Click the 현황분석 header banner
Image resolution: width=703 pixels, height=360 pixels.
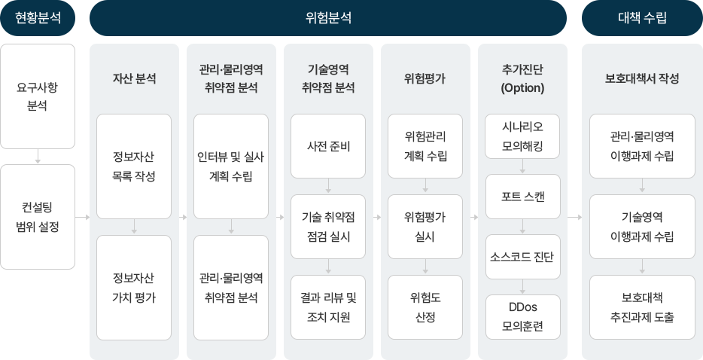pos(38,18)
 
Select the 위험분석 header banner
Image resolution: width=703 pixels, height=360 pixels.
pos(327,18)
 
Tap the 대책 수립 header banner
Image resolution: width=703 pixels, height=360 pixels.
pos(641,18)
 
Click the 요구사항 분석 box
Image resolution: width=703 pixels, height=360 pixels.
pos(38,96)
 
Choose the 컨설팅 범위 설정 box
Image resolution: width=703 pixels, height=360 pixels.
pos(38,216)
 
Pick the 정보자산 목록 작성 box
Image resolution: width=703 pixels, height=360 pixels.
pos(134,166)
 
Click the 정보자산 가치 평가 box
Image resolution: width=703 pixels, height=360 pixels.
pos(134,287)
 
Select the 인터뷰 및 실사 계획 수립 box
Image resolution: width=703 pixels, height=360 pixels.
pos(230,166)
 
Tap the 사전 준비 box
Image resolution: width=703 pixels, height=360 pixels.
pos(328,145)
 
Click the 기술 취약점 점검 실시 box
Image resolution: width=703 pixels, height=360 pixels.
pos(328,226)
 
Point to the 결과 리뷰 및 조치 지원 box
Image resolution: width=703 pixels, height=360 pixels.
pos(328,307)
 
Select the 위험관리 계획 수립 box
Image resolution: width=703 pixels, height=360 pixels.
pos(425,145)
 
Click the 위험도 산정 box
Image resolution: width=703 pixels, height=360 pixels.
pos(425,307)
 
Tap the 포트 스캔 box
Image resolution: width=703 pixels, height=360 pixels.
pos(522,196)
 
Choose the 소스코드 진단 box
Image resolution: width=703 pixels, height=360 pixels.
pos(522,257)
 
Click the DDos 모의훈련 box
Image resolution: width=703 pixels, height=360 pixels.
pos(522,317)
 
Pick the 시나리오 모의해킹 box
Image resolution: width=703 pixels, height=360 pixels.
pos(522,136)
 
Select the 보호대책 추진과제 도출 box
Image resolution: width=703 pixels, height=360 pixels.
pos(642,307)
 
